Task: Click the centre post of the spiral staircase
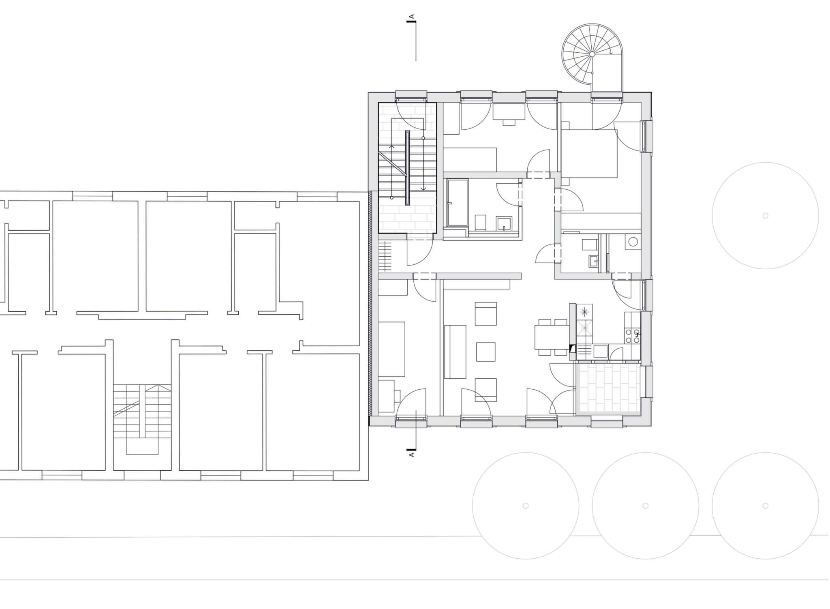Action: (592, 54)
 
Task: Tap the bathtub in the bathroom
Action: (458, 203)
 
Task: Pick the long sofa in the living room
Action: (455, 352)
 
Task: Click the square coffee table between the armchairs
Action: (486, 352)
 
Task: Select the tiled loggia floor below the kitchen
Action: (608, 388)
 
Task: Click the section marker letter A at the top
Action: (412, 17)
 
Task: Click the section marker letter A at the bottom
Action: (412, 455)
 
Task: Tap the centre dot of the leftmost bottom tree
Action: (526, 506)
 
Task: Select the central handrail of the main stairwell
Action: (407, 168)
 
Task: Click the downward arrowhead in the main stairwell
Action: (424, 189)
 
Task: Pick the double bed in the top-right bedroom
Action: (589, 154)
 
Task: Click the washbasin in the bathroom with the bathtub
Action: (505, 223)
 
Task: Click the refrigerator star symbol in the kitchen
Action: (584, 312)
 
